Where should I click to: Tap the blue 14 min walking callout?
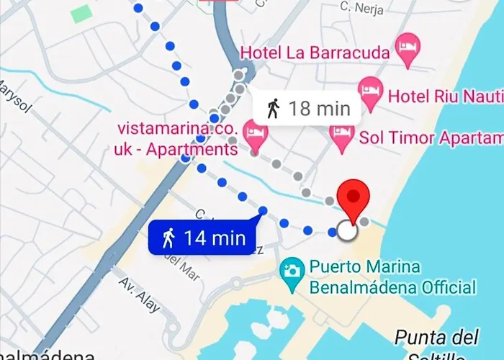pyautogui.click(x=204, y=238)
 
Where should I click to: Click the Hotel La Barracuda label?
pyautogui.click(x=315, y=53)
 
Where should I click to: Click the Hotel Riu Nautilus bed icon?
pyautogui.click(x=371, y=94)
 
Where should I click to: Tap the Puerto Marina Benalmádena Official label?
pyautogui.click(x=392, y=277)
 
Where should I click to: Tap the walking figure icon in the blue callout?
pyautogui.click(x=168, y=238)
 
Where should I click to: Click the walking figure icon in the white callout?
pyautogui.click(x=273, y=109)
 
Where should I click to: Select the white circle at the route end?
pyautogui.click(x=347, y=231)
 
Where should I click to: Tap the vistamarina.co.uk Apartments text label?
pyautogui.click(x=177, y=139)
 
